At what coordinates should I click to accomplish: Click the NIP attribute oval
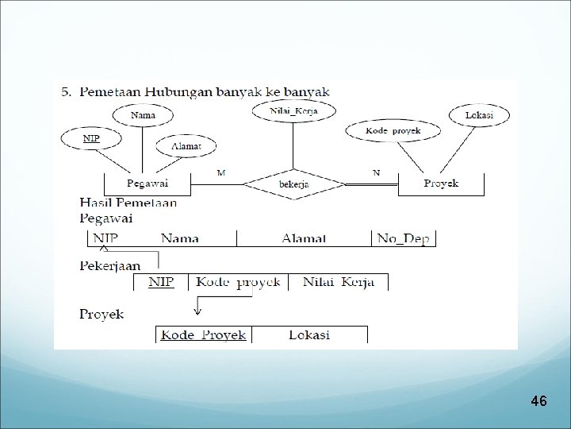[x=92, y=138]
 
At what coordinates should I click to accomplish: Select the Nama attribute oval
[x=143, y=116]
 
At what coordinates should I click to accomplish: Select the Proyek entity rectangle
[x=441, y=184]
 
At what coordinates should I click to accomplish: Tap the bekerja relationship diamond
[x=294, y=185]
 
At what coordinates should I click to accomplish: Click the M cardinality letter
[x=220, y=172]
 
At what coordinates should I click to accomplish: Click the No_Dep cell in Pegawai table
[x=404, y=238]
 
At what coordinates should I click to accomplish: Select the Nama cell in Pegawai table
[x=180, y=238]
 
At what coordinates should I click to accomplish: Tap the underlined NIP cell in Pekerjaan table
[x=161, y=283]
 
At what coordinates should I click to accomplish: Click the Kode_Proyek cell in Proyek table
[x=204, y=334]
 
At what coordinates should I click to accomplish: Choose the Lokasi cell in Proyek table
[x=308, y=334]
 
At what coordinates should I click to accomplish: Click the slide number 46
[x=538, y=401]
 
